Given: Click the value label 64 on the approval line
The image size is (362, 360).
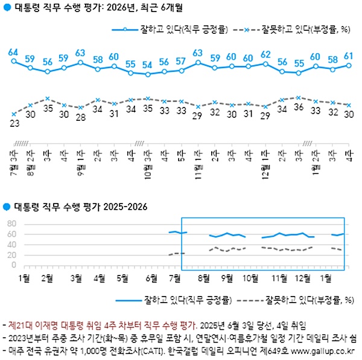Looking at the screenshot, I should pos(13,52).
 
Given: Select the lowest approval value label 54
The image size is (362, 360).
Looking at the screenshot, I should pos(147,65).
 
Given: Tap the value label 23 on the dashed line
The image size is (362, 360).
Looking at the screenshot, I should pos(13,123).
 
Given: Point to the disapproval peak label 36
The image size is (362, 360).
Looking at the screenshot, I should pos(298,107).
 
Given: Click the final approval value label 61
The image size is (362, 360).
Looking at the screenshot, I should pos(349,56).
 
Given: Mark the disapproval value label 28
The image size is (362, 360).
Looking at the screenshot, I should pos(80,117).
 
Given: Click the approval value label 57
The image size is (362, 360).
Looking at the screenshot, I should pos(181,62).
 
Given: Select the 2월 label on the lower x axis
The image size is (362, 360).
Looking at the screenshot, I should pos(48,278).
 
